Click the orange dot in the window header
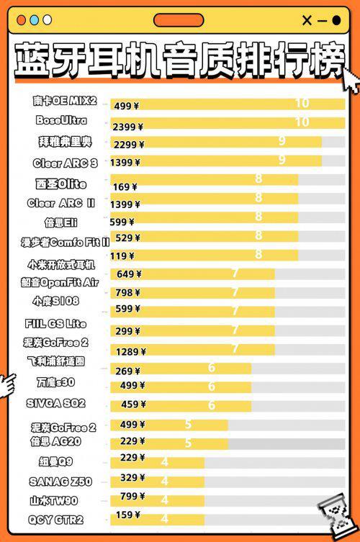click(22, 20)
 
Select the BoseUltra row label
click(61, 120)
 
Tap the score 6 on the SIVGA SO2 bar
click(212, 405)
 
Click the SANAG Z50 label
click(60, 482)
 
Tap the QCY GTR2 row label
click(55, 519)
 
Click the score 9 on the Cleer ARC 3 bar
click(282, 160)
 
